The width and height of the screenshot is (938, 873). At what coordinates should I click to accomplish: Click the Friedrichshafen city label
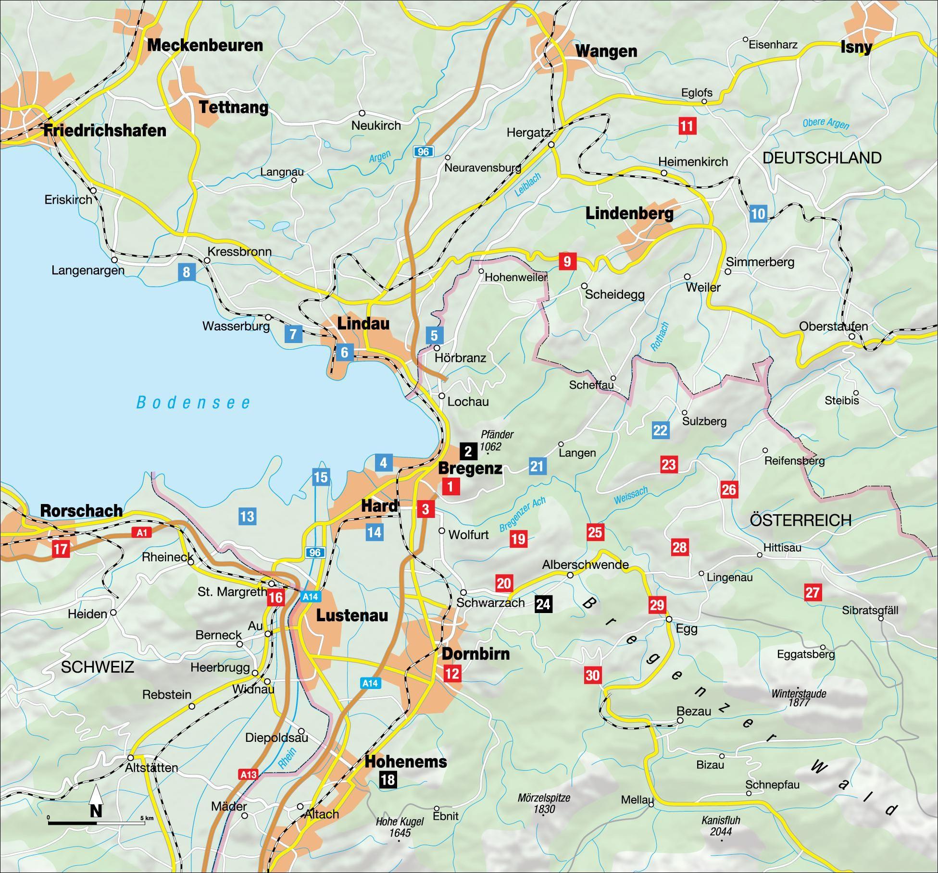105,130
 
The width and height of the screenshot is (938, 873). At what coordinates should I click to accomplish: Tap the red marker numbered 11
687,126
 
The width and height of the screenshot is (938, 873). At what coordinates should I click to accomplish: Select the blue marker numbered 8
186,272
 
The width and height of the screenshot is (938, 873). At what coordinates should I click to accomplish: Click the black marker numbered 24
543,603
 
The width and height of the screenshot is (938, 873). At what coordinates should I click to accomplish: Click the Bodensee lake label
194,403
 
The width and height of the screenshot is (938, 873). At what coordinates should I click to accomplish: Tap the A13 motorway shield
249,774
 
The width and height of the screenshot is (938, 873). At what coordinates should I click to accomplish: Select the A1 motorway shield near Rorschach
142,532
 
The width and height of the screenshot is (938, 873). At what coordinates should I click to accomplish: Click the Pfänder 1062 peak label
496,440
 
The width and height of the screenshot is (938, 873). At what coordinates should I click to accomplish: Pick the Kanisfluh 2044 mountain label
720,825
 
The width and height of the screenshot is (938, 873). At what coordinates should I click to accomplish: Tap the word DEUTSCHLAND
822,158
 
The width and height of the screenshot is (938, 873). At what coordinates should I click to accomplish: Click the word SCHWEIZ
98,667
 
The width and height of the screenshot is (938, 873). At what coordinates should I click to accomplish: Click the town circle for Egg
669,619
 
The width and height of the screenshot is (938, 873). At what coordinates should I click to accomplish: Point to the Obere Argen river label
825,123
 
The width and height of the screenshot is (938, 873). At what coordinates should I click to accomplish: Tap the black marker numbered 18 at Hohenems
388,779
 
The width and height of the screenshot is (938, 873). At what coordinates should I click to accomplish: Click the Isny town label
856,47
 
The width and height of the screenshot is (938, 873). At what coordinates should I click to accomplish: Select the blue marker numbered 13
247,516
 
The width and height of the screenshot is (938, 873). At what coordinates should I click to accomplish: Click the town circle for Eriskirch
94,191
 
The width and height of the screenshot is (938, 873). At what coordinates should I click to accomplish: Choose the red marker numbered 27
813,592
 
